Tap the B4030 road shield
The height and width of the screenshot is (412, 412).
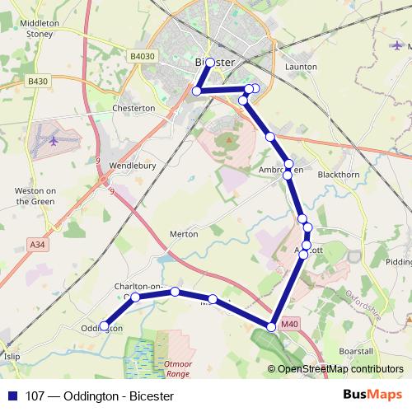(x=142, y=56)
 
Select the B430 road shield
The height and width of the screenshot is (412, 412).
(x=37, y=81)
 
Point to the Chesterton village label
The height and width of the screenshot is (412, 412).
(x=133, y=108)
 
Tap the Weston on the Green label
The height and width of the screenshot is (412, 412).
(x=35, y=195)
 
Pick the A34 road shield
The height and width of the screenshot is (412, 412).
(x=37, y=244)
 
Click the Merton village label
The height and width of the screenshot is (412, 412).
(x=183, y=234)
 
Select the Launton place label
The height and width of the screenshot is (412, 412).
(x=300, y=67)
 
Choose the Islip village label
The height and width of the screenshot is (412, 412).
(x=11, y=358)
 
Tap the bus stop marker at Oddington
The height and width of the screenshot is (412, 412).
(x=104, y=326)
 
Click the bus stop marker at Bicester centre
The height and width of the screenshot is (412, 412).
(x=210, y=63)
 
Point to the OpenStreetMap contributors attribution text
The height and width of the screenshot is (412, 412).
(x=339, y=370)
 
